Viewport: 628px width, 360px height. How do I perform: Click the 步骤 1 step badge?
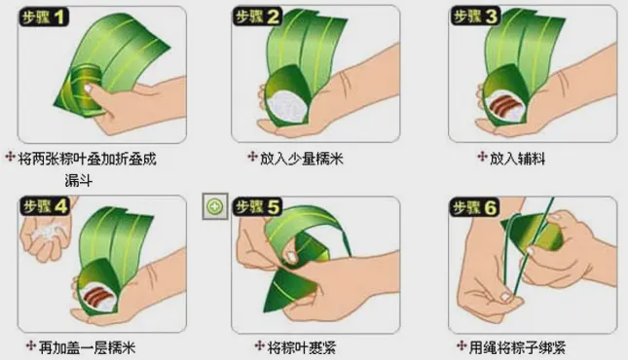click(x=43, y=18)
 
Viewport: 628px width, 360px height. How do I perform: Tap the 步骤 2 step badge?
click(x=257, y=17)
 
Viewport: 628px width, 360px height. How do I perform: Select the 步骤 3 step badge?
click(x=475, y=17)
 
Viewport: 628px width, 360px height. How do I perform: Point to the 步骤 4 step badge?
click(x=45, y=207)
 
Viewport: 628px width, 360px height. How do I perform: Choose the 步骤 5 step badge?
click(x=257, y=207)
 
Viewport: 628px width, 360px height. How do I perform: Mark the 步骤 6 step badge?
click(x=474, y=207)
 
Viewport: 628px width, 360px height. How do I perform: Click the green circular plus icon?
click(x=215, y=206)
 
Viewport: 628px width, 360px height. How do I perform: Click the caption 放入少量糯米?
click(x=302, y=159)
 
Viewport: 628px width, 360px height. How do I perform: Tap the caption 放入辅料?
click(x=517, y=159)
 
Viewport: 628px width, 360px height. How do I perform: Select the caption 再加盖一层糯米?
click(x=87, y=346)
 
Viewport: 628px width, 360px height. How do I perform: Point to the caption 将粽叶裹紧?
click(x=302, y=346)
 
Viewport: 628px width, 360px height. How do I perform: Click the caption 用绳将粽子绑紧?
click(x=517, y=346)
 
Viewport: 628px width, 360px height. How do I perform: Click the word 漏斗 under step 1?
click(x=79, y=181)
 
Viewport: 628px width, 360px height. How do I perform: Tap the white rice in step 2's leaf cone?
click(x=286, y=105)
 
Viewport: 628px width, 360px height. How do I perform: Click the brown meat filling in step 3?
click(x=503, y=104)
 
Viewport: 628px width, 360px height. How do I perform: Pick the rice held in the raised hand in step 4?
click(x=47, y=233)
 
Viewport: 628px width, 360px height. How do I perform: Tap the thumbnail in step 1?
click(x=88, y=89)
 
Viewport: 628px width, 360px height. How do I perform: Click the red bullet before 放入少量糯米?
click(x=252, y=156)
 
